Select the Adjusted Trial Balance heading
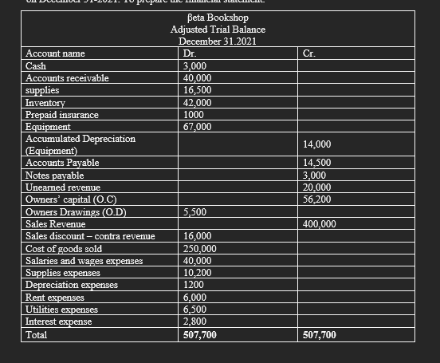point(218,29)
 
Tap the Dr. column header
point(191,53)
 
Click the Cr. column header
point(310,53)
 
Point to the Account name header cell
point(55,53)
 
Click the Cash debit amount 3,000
point(196,66)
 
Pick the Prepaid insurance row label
point(62,115)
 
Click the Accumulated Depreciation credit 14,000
point(319,144)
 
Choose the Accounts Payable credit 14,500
point(319,163)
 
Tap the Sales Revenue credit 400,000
point(321,224)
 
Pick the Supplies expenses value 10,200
point(198,272)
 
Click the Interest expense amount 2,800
point(196,321)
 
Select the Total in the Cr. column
point(320,334)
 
